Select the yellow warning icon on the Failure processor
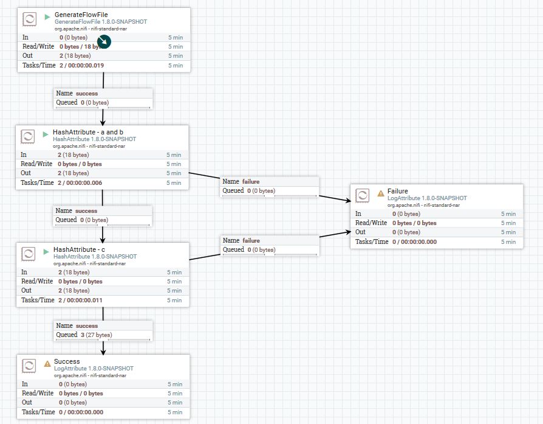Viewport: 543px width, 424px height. (381, 193)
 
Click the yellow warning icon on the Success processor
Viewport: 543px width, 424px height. (47, 363)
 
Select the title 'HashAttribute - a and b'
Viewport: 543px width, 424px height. (87, 132)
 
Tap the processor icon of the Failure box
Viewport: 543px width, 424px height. (362, 195)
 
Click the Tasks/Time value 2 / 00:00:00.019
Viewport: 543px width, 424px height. (81, 65)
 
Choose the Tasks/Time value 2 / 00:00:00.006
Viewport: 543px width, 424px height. (80, 182)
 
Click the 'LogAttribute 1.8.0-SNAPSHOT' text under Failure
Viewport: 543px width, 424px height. (427, 198)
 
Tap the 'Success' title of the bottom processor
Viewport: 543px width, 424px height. (67, 361)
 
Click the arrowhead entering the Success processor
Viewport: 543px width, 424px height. (103, 351)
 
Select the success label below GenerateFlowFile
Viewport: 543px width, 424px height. (86, 94)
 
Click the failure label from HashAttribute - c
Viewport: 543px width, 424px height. (251, 241)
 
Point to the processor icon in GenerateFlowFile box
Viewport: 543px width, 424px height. (29, 19)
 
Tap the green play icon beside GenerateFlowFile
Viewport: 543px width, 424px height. (47, 16)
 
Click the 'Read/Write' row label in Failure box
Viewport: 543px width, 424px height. (371, 223)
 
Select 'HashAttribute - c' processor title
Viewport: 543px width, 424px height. (79, 249)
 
